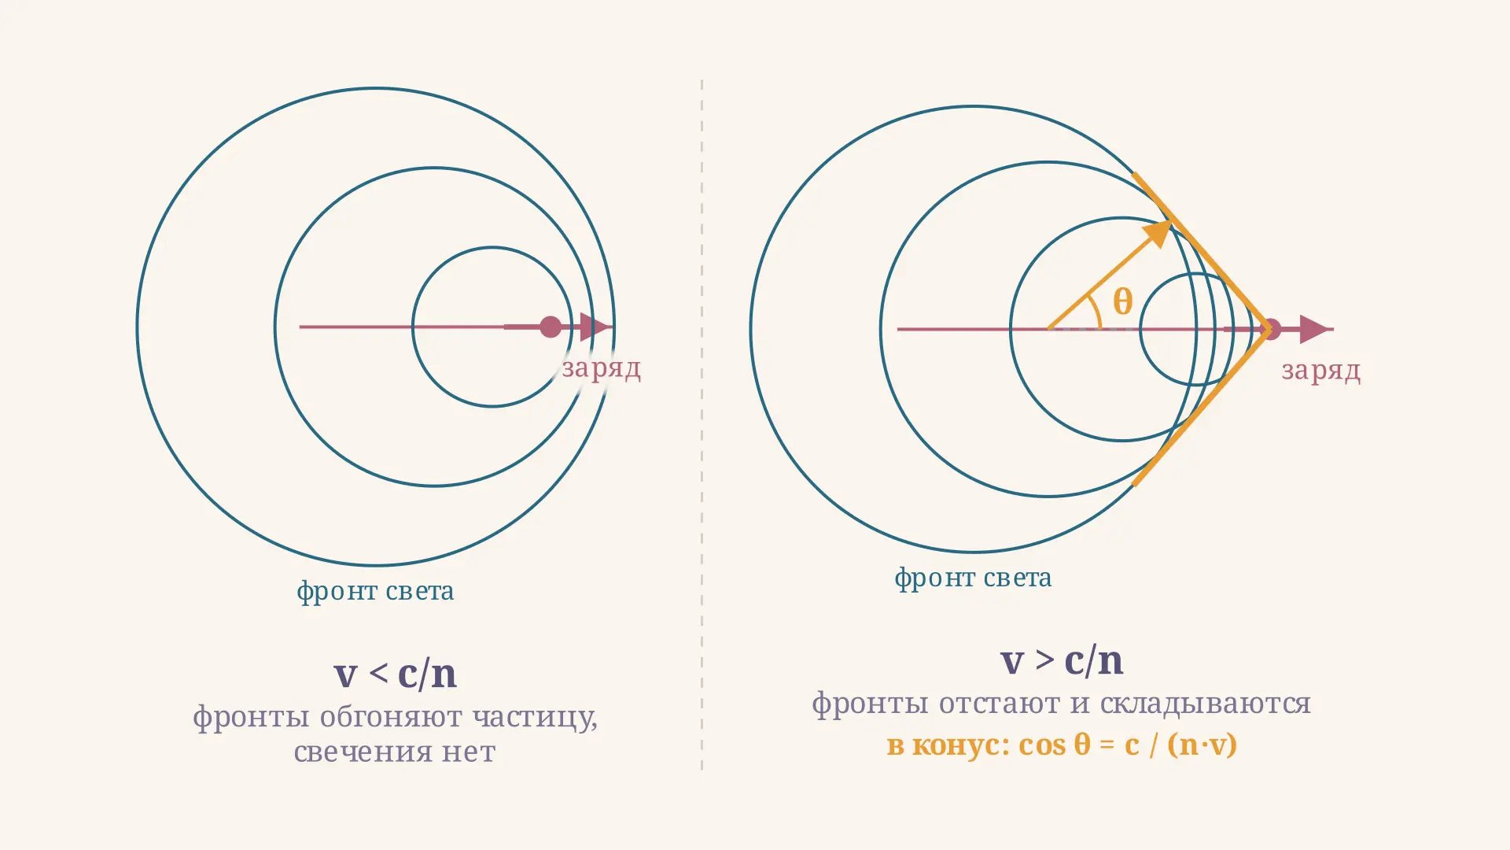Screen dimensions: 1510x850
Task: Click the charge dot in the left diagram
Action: point(551,327)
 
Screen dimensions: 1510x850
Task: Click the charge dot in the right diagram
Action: point(1271,329)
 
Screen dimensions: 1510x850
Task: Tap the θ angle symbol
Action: point(1123,301)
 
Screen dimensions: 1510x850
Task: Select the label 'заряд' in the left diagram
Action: point(601,368)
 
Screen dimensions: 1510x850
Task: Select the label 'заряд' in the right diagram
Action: point(1321,371)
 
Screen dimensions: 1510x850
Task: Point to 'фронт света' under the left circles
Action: point(375,591)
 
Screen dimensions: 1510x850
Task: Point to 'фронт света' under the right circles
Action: point(973,578)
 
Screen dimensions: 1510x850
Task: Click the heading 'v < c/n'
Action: point(395,674)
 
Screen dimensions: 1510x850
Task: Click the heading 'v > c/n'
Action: point(1062,660)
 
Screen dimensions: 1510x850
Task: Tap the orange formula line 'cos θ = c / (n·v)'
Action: point(1128,745)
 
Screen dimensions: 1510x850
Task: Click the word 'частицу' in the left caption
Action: point(535,717)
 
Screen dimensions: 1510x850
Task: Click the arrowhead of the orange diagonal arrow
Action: point(1158,233)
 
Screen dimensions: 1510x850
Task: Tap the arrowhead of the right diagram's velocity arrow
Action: point(1314,329)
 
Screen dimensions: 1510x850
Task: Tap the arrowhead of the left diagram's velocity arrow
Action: point(595,327)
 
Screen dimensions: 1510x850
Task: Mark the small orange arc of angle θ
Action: point(1095,312)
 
